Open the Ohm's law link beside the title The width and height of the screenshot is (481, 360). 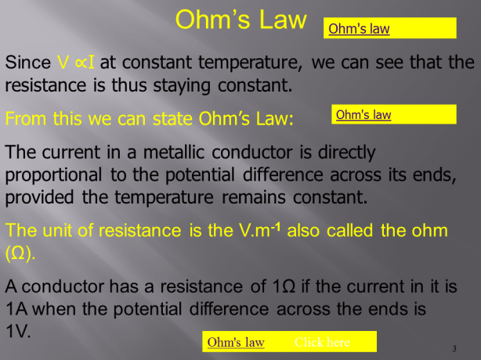point(359,29)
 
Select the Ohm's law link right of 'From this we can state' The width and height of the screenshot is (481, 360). point(363,115)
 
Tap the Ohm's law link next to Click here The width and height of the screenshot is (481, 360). point(236,343)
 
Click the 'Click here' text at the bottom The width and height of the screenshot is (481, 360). point(322,343)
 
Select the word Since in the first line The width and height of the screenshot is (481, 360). point(28,62)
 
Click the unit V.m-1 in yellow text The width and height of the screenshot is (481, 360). point(263,232)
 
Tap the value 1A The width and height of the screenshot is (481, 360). point(17,308)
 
